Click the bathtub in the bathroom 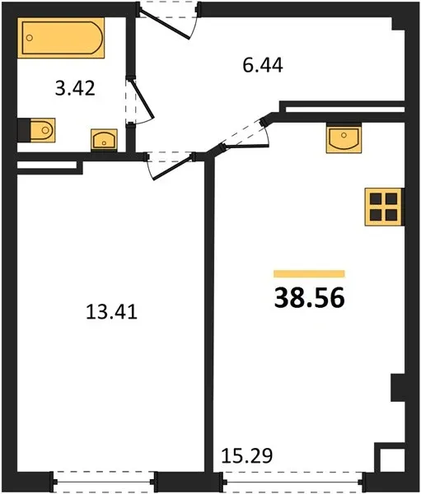coord(61,38)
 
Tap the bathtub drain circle coord(30,38)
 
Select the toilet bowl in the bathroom coord(43,130)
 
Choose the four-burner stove coord(383,207)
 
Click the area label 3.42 coord(75,88)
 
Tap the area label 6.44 coord(263,66)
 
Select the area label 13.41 coord(112,313)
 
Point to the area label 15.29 coord(247,456)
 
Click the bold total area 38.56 coord(309,298)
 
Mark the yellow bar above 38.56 coord(309,274)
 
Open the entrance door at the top coord(164,25)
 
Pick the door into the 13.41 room coord(172,167)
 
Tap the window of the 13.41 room coord(104,482)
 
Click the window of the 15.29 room coord(293,482)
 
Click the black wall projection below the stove coord(398,388)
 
